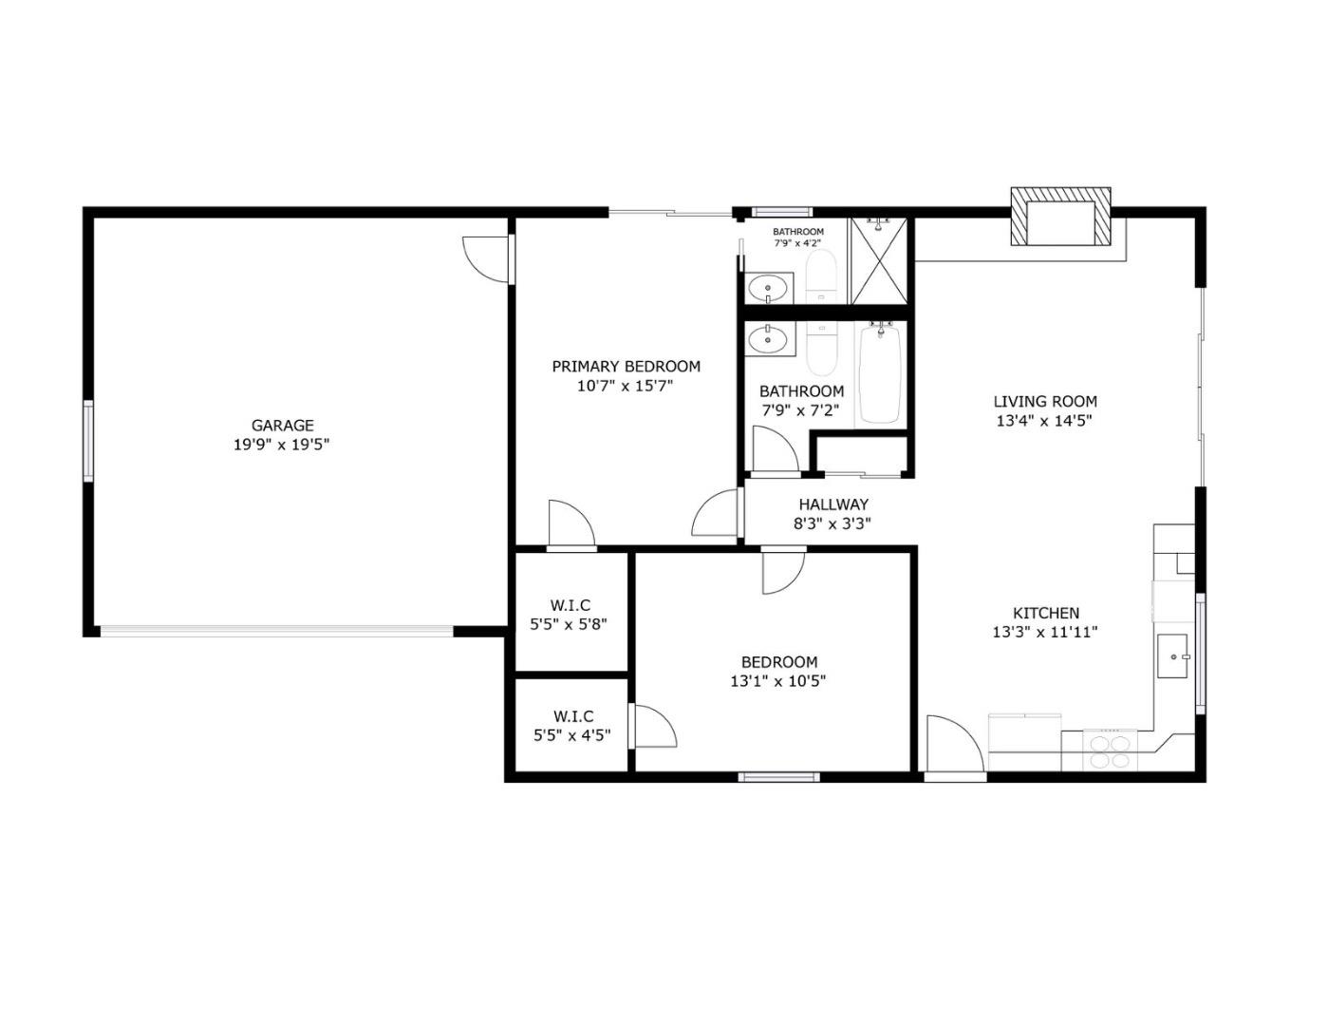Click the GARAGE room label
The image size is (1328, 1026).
(282, 426)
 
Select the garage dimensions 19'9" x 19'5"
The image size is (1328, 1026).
(282, 445)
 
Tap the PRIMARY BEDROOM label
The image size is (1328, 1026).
(626, 367)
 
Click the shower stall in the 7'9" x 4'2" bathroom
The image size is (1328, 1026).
(878, 261)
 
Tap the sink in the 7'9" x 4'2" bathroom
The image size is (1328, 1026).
(768, 287)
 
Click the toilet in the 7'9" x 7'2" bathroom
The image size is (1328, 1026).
(820, 350)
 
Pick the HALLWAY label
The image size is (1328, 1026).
(832, 504)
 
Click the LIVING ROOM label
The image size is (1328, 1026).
(1044, 402)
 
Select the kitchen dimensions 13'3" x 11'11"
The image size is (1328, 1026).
(1045, 632)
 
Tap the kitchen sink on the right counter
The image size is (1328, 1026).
(1174, 656)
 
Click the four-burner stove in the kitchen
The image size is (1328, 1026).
(1110, 750)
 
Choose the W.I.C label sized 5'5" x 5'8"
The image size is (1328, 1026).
(570, 605)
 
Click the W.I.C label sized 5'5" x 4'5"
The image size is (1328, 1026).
(572, 716)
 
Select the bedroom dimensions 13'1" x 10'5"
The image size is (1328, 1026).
(778, 681)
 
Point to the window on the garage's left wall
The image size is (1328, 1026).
(88, 440)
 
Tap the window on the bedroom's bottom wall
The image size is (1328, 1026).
(778, 777)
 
